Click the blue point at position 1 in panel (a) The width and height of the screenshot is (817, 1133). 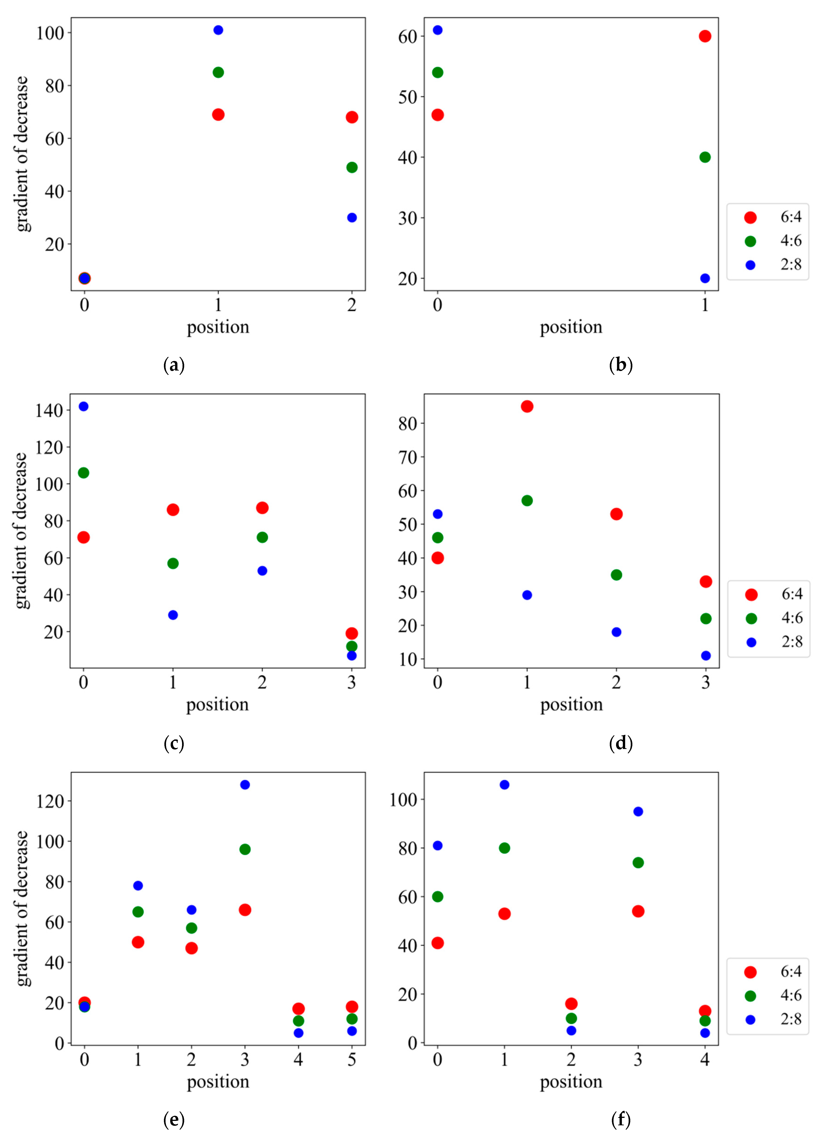[218, 30]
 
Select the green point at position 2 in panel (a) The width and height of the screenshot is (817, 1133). [352, 167]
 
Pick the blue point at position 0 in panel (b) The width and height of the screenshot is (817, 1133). [438, 30]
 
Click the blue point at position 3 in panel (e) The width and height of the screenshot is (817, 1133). [245, 785]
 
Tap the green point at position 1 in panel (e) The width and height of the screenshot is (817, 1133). [138, 912]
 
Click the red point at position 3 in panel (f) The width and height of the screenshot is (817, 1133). [638, 911]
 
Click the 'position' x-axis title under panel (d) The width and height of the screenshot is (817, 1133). [571, 705]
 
